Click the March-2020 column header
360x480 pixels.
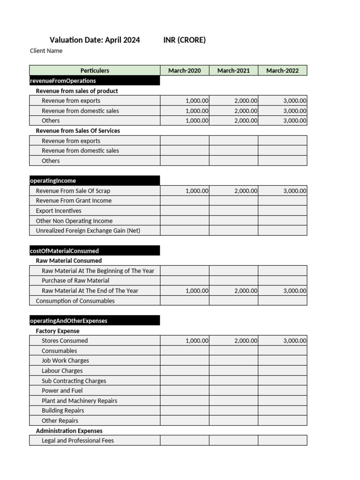pyautogui.click(x=184, y=70)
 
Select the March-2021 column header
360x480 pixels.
pyautogui.click(x=233, y=70)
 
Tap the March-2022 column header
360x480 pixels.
pyautogui.click(x=282, y=70)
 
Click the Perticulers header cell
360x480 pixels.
pyautogui.click(x=95, y=70)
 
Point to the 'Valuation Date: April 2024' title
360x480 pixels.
pyautogui.click(x=95, y=40)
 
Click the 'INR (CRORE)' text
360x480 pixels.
pyautogui.click(x=184, y=40)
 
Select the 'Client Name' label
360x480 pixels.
pyautogui.click(x=46, y=51)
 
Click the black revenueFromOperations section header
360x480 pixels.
pyautogui.click(x=94, y=81)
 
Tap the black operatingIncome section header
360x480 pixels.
pyautogui.click(x=94, y=180)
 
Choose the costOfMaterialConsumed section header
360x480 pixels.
pyautogui.click(x=94, y=251)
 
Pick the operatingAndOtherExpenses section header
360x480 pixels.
pyautogui.click(x=94, y=321)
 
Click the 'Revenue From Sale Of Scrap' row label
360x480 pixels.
pyautogui.click(x=73, y=191)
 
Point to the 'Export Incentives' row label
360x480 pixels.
pyautogui.click(x=58, y=211)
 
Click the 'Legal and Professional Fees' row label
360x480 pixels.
pyautogui.click(x=77, y=440)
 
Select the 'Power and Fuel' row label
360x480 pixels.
pyautogui.click(x=62, y=390)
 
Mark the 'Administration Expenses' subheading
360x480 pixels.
pyautogui.click(x=69, y=430)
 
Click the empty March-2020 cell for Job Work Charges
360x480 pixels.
pyautogui.click(x=185, y=360)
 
